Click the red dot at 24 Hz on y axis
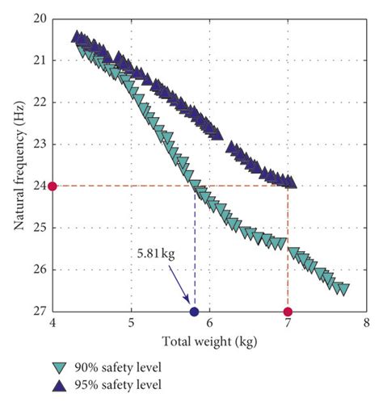(53, 186)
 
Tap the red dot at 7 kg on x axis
(288, 312)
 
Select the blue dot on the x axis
(194, 312)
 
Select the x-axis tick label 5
(131, 324)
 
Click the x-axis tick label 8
(366, 324)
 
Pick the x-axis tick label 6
(209, 324)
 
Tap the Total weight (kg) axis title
(209, 341)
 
